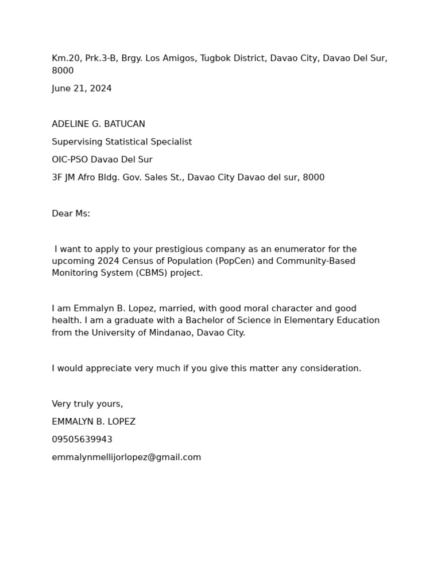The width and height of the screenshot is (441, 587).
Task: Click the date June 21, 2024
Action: click(82, 89)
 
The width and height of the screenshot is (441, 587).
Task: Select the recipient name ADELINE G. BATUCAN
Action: click(98, 124)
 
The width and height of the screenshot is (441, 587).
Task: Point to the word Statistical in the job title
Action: click(125, 142)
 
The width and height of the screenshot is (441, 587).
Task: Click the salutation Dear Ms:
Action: click(71, 214)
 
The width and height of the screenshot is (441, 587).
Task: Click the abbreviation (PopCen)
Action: click(237, 261)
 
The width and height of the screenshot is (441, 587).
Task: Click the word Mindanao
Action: click(162, 333)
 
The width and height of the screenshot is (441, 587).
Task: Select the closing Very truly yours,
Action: click(87, 404)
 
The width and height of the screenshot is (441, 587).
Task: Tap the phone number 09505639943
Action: click(82, 440)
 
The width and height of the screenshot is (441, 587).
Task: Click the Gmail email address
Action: click(126, 457)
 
